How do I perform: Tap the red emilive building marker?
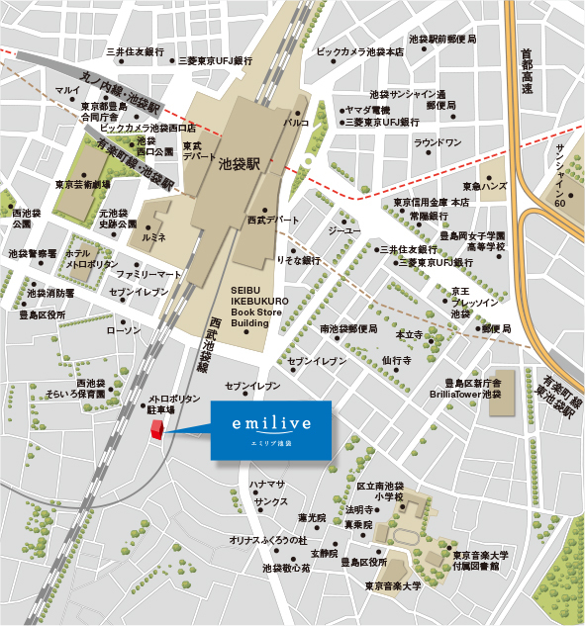(154, 428)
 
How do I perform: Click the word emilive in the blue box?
(270, 423)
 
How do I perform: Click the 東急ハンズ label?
(485, 186)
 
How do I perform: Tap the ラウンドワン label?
(438, 143)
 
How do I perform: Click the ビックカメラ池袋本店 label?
(360, 51)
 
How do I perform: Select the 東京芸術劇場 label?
(82, 184)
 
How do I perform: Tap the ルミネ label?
(154, 238)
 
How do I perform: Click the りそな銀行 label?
(298, 260)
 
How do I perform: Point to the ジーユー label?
(345, 229)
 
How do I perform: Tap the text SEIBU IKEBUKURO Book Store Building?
(259, 302)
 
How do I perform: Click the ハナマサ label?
(267, 485)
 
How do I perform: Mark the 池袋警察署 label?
(33, 253)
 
